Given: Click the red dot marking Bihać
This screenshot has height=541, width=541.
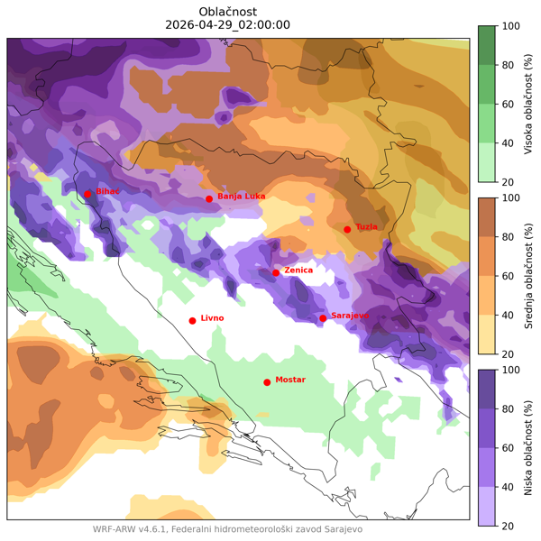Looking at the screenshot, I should [x=87, y=194].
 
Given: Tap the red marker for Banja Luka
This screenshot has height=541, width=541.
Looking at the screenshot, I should [x=209, y=198].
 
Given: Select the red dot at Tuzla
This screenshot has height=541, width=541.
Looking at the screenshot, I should [x=347, y=229].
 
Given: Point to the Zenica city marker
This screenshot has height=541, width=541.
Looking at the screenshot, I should [x=276, y=272].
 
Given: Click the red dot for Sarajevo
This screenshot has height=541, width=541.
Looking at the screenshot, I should [x=323, y=317].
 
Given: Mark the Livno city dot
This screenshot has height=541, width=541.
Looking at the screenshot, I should [x=192, y=320].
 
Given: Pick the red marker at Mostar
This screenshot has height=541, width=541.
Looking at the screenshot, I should [x=267, y=382].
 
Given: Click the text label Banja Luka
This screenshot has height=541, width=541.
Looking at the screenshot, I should [x=241, y=197].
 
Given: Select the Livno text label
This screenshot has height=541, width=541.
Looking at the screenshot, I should [x=212, y=318].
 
